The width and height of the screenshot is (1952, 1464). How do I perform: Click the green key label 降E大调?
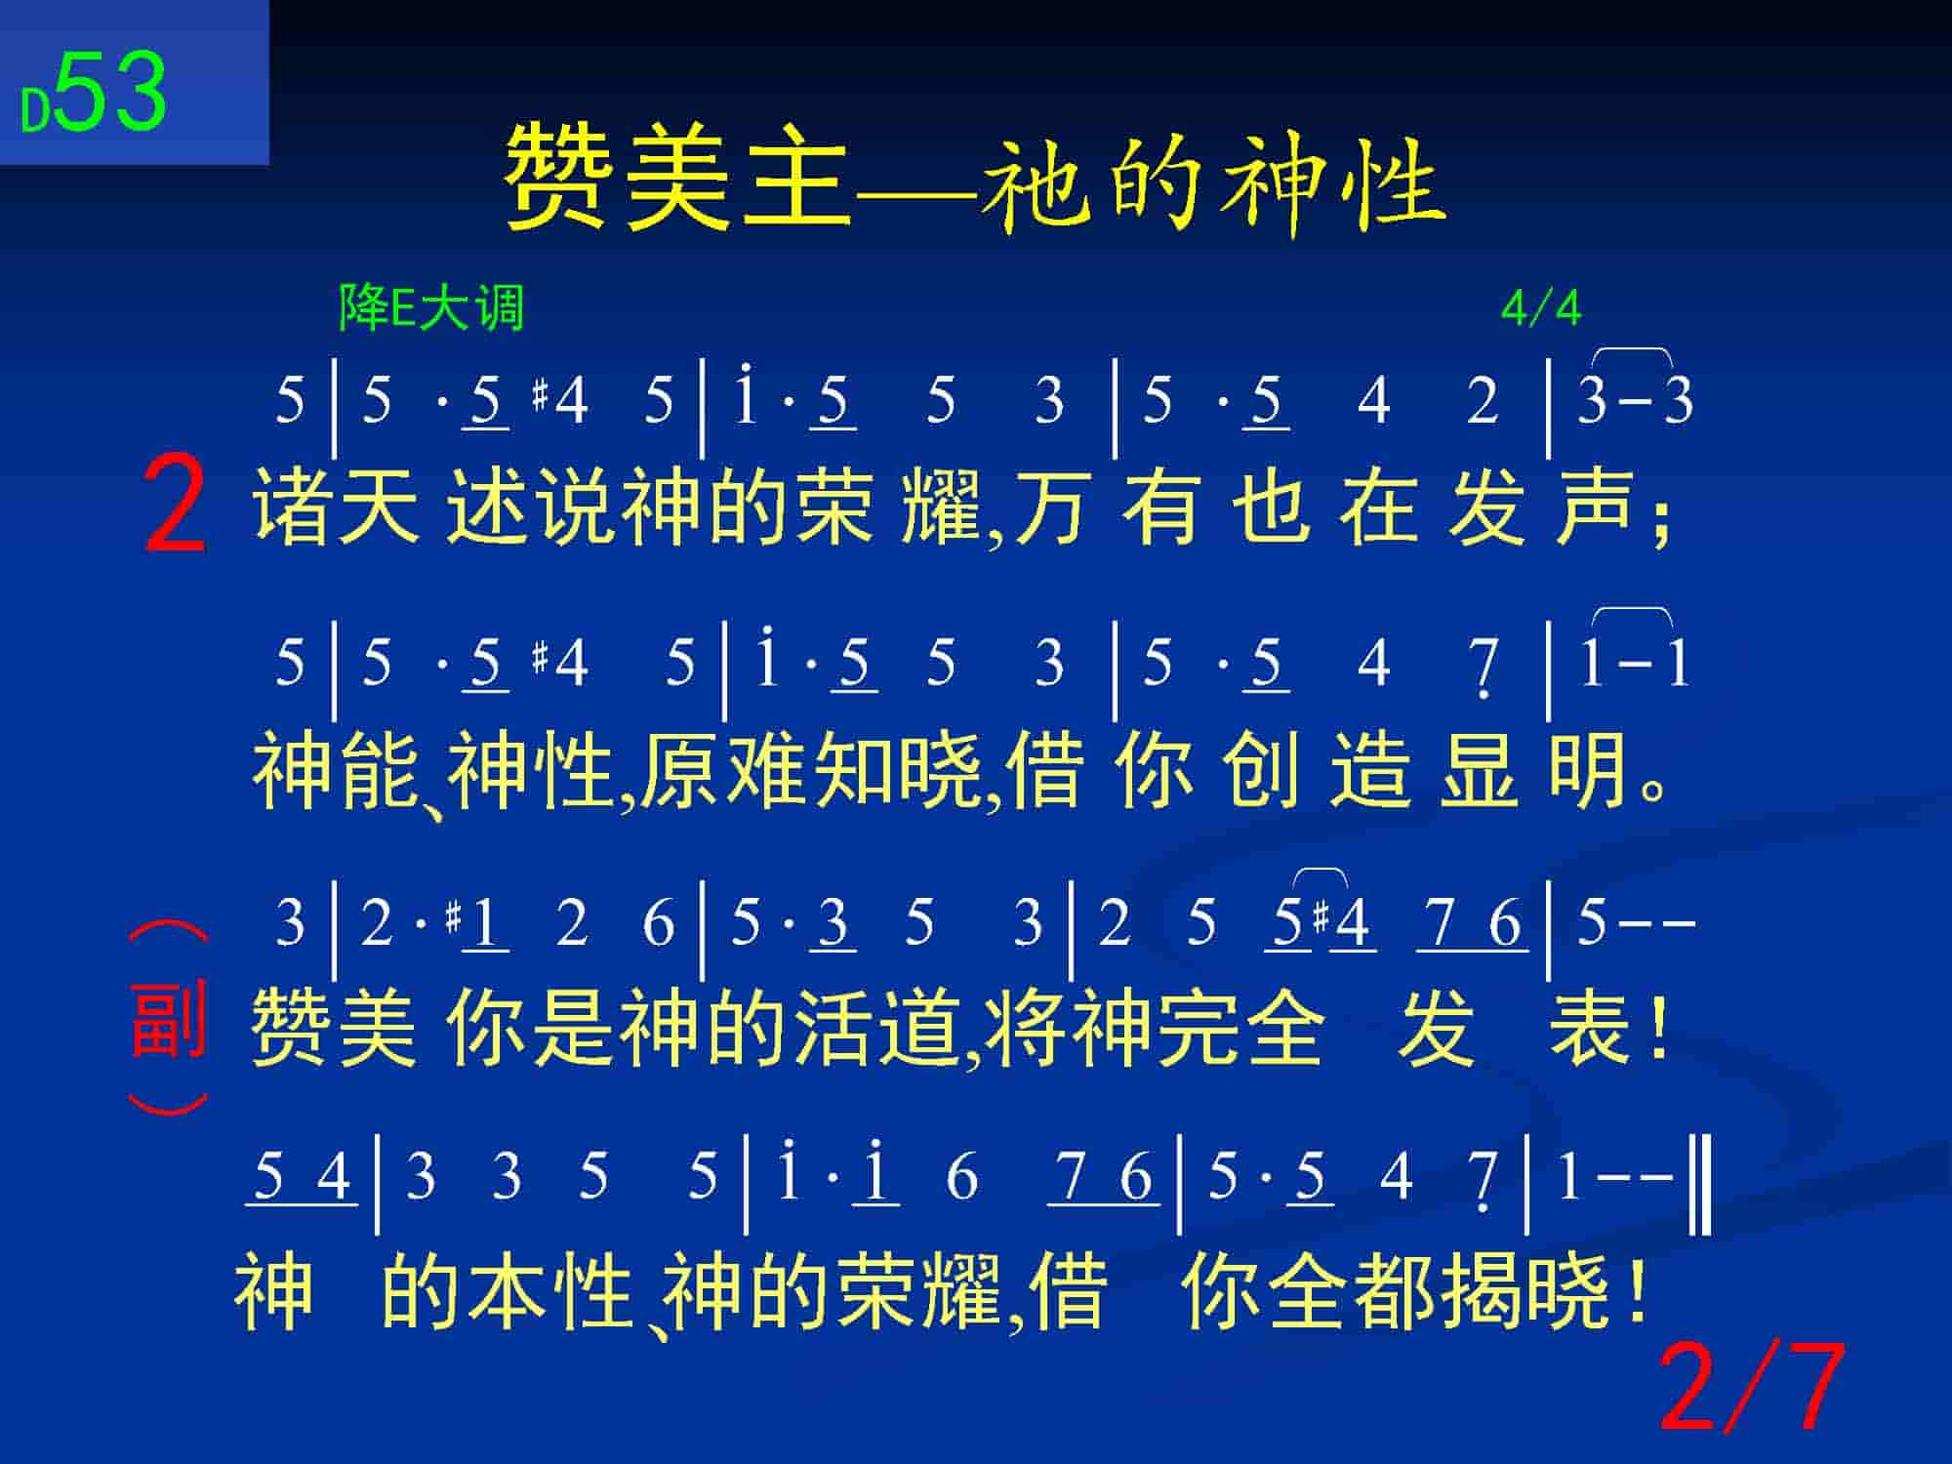pyautogui.click(x=431, y=307)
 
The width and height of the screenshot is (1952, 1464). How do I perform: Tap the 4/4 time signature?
pyautogui.click(x=1541, y=308)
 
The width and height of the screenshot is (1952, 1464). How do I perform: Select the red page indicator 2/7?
pyautogui.click(x=1752, y=1386)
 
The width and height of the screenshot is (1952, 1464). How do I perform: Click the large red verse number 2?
pyautogui.click(x=175, y=508)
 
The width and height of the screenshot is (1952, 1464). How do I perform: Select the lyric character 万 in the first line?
pyautogui.click(x=1050, y=508)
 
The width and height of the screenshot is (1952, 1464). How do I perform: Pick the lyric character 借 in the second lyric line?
pyautogui.click(x=1045, y=771)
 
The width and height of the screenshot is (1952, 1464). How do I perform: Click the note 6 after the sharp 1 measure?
pyautogui.click(x=659, y=923)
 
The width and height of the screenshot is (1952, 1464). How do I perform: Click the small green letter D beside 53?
pyautogui.click(x=35, y=111)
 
